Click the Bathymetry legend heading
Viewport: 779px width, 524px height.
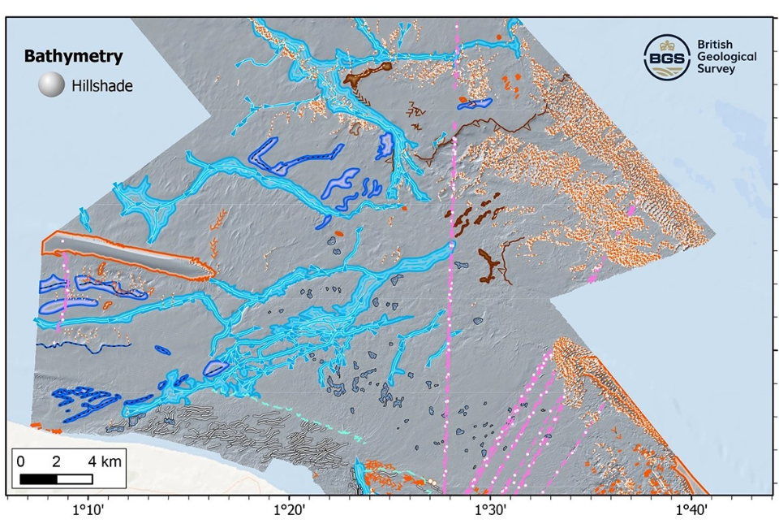(73, 57)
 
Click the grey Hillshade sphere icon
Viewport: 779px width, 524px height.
(52, 85)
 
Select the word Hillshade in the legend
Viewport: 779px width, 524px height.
(102, 85)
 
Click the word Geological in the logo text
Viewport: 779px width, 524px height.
(727, 57)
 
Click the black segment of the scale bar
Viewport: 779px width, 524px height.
(37, 479)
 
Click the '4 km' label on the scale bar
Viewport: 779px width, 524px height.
(106, 461)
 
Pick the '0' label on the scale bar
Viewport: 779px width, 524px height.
(20, 461)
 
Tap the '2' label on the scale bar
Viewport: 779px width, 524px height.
(56, 461)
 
